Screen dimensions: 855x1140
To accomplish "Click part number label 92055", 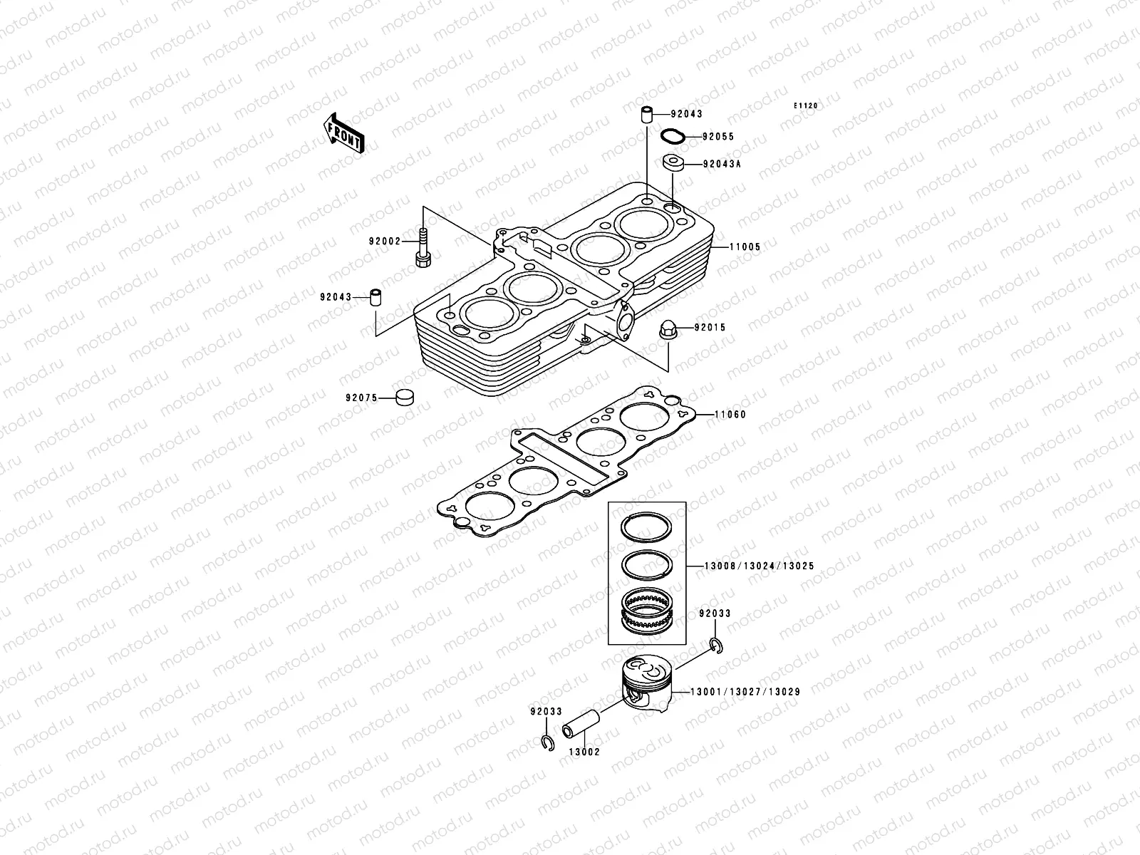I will pyautogui.click(x=717, y=136).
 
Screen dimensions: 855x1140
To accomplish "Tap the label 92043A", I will pyautogui.click(x=722, y=163).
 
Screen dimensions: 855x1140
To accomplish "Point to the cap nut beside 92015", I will pyautogui.click(x=668, y=329).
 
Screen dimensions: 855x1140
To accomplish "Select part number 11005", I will pyautogui.click(x=745, y=247).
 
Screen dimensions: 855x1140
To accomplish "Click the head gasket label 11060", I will pyautogui.click(x=730, y=414).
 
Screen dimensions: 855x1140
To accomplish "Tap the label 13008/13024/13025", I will pyautogui.click(x=759, y=566).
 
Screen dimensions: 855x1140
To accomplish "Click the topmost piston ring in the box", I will pyautogui.click(x=646, y=527).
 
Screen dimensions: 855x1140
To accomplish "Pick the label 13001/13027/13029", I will pyautogui.click(x=745, y=692).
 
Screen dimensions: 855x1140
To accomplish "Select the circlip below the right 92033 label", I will pyautogui.click(x=717, y=646).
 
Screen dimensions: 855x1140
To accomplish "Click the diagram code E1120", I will pyautogui.click(x=807, y=105).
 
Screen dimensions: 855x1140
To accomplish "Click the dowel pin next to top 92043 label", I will pyautogui.click(x=646, y=115).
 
